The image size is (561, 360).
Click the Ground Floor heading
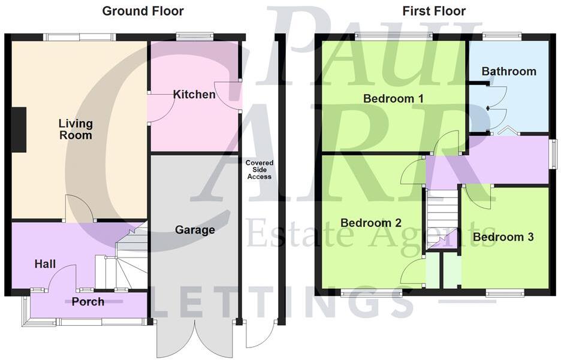tap(143, 11)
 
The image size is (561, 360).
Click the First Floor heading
tap(434, 11)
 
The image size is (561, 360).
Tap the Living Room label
tap(76, 129)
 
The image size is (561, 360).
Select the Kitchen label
tap(194, 95)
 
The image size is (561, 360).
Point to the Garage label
tap(195, 230)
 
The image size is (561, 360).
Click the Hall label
tap(45, 264)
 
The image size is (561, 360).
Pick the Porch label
tap(88, 302)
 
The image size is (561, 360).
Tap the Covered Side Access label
tap(259, 170)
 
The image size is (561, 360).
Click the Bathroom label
tap(509, 71)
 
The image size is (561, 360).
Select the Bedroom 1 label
tap(389, 99)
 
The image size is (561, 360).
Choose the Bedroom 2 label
tap(371, 223)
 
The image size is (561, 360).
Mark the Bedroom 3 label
tap(503, 237)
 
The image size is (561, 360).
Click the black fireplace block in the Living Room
tap(19, 129)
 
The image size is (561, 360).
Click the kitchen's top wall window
tap(195, 37)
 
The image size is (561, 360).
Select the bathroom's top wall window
tap(502, 37)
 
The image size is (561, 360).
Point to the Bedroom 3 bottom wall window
tap(505, 293)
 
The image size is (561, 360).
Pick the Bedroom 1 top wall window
tap(393, 37)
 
